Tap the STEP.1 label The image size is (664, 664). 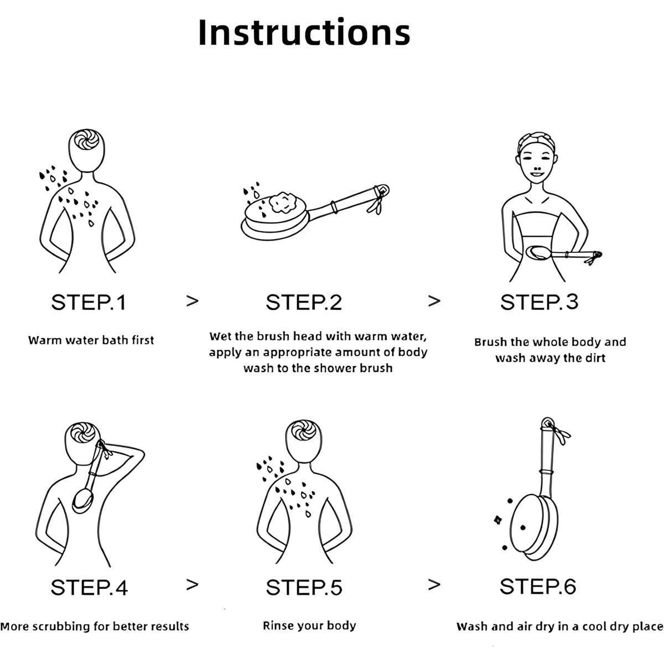tap(89, 303)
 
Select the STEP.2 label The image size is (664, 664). tap(304, 303)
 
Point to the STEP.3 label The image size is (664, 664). tap(539, 302)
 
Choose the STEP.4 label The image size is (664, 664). tap(89, 588)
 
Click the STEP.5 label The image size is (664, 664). tap(304, 588)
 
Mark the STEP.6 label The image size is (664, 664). tap(538, 587)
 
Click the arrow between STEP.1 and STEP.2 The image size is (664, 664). tap(192, 301)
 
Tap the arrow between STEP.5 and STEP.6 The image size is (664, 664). tap(434, 585)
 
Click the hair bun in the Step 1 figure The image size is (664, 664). tap(86, 139)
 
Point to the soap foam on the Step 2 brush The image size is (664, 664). tap(283, 203)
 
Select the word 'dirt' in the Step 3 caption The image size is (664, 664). tap(595, 358)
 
